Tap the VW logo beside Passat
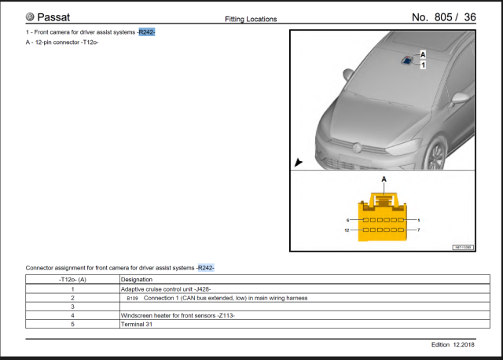click(30, 17)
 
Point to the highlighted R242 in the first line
click(146, 32)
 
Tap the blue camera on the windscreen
click(408, 61)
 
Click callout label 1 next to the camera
click(423, 65)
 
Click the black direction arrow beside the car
click(298, 162)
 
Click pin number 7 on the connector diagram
click(419, 230)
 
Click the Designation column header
click(137, 279)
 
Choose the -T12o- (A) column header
click(72, 279)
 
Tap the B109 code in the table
click(131, 298)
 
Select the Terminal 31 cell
click(138, 323)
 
